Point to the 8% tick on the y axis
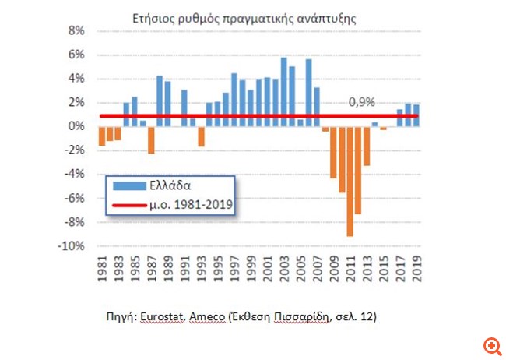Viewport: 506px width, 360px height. pyautogui.click(x=77, y=31)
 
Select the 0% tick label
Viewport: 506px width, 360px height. pyautogui.click(x=77, y=126)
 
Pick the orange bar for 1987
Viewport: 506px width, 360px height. pyautogui.click(x=151, y=140)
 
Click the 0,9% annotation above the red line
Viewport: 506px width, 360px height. pyautogui.click(x=361, y=102)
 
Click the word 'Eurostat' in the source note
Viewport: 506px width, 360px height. pyautogui.click(x=164, y=319)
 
